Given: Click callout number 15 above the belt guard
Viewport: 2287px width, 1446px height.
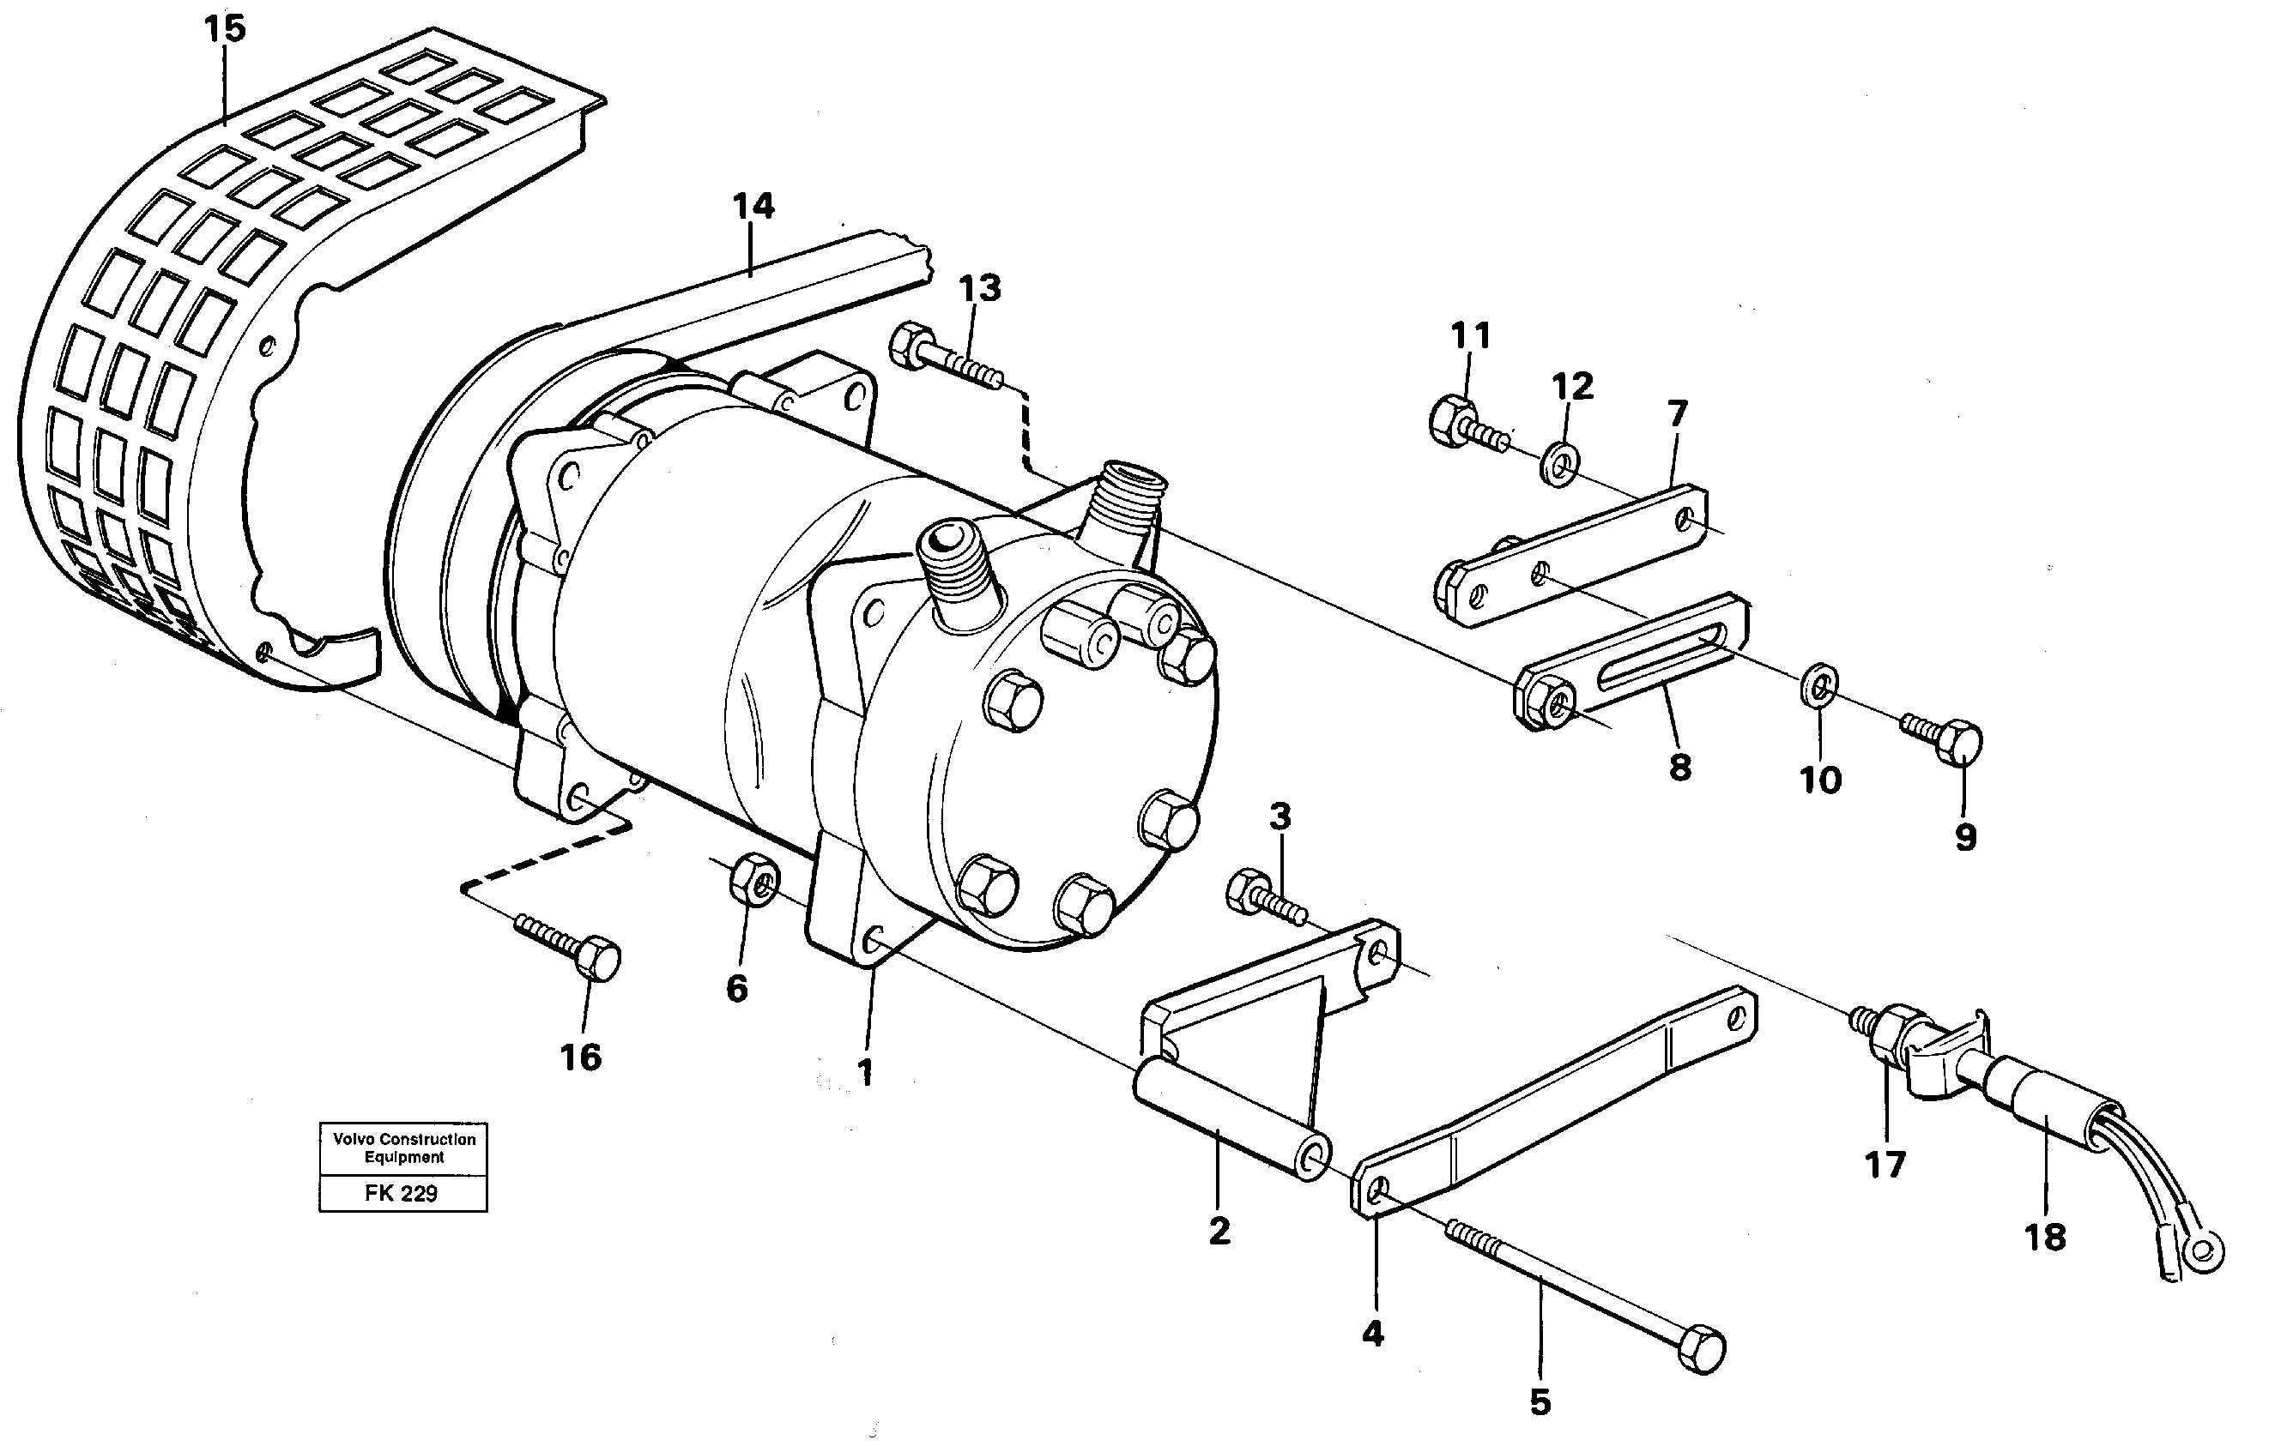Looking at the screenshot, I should click(225, 28).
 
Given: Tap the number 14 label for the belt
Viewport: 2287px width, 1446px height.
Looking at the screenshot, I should click(753, 206).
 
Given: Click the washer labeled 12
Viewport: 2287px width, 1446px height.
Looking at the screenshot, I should click(1558, 463).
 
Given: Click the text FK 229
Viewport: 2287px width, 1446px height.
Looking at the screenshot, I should click(401, 1194).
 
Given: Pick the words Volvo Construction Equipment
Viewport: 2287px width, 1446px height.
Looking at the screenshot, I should click(403, 1147).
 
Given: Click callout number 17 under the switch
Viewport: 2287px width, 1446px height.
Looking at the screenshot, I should click(1885, 1164).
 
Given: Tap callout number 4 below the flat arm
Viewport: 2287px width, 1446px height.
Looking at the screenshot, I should click(1372, 1334).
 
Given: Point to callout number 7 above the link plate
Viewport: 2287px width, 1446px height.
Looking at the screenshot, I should click(1677, 414).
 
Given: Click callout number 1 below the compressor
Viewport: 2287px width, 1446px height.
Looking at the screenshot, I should click(864, 1073).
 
